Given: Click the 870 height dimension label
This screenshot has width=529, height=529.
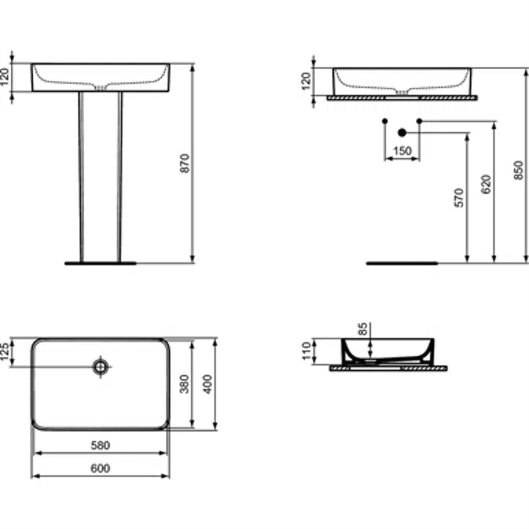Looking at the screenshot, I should (x=186, y=163).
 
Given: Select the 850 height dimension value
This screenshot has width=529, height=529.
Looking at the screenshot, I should (x=518, y=165).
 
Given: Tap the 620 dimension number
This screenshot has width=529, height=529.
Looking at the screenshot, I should (x=487, y=185).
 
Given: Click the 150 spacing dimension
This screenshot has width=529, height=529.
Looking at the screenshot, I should (x=402, y=151).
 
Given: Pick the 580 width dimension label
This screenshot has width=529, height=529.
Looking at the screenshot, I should (x=100, y=445).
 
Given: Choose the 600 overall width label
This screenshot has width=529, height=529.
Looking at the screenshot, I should (x=100, y=468).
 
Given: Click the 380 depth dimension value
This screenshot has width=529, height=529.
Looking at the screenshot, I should (x=186, y=383).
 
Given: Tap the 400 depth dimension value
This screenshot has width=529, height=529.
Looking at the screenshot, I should (x=208, y=383).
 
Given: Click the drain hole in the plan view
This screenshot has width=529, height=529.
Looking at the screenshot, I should (x=101, y=366).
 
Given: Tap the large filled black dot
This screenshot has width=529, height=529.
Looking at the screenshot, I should (x=402, y=133).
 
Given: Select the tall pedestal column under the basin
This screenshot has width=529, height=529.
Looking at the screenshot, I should (x=100, y=176).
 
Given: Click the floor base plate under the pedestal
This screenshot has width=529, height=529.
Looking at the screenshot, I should (x=100, y=263).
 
